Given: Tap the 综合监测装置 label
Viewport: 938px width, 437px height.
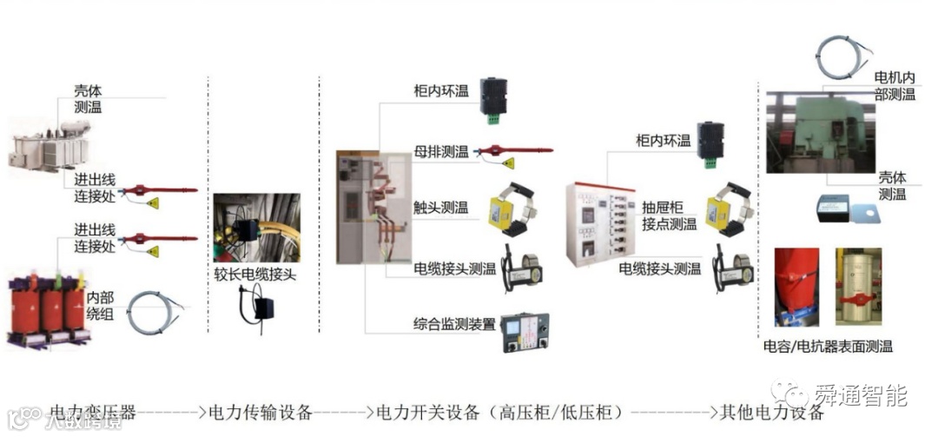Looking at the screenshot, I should click(454, 325).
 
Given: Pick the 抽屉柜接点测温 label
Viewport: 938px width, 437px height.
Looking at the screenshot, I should click(669, 215).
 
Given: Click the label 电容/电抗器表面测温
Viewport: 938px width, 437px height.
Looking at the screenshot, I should click(827, 346).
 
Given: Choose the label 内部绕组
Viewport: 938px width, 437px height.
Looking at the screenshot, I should click(99, 305).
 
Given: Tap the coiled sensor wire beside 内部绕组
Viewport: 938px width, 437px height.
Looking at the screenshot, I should click(154, 313).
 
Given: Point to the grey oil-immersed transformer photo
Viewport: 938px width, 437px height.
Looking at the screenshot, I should click(44, 149).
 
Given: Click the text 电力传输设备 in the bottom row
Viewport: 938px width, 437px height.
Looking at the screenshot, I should click(260, 411).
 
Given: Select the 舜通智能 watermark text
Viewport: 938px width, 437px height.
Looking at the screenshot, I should click(860, 396).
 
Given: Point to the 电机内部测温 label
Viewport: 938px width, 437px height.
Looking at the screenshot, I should click(894, 86).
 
